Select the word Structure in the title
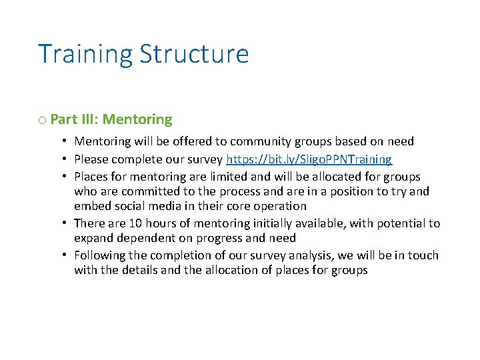pos(194,54)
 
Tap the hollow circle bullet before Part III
pos(42,120)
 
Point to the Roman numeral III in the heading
pos(89,119)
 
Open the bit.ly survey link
pos(309,159)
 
